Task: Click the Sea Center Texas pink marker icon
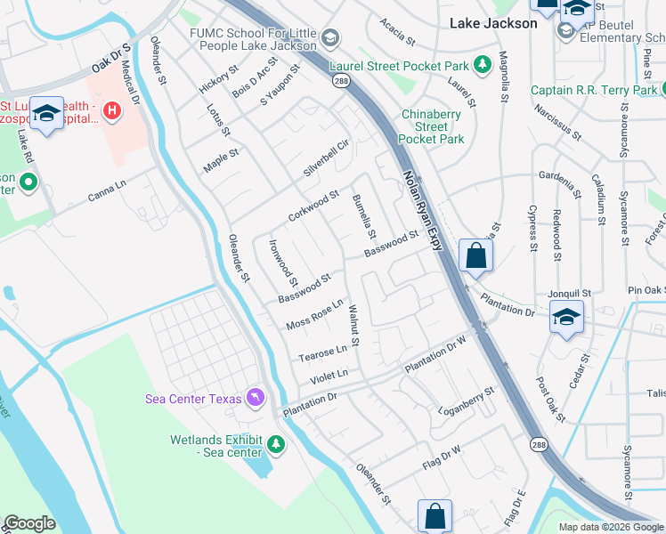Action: [x=256, y=397]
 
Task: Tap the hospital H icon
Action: [x=112, y=111]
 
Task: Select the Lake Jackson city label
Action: [x=493, y=23]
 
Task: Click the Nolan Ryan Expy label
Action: [x=422, y=212]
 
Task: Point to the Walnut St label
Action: [x=353, y=325]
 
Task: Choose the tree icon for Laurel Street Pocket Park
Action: [x=482, y=65]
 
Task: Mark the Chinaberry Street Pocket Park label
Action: [x=432, y=126]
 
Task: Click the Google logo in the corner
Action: [x=29, y=523]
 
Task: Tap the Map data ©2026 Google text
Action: [x=611, y=527]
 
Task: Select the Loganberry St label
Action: [x=467, y=401]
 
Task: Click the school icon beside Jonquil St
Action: [x=567, y=318]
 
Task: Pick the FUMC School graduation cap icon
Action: [x=330, y=37]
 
